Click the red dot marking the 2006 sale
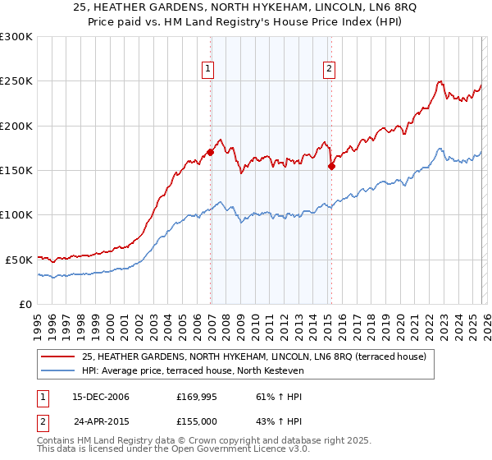click(x=211, y=152)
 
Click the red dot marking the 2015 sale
click(x=331, y=166)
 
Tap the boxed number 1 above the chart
click(x=208, y=70)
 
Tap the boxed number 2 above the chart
click(x=329, y=70)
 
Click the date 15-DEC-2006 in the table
click(x=102, y=397)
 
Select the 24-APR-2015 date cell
click(x=102, y=421)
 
